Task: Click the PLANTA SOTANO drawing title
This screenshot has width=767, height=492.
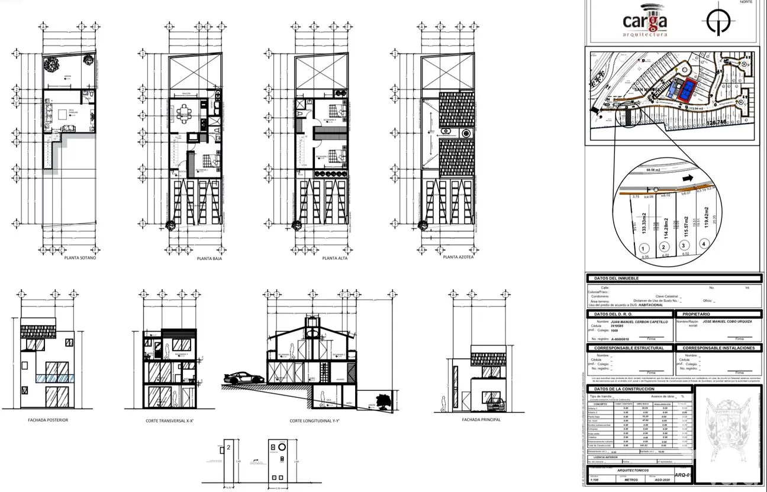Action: [80, 258]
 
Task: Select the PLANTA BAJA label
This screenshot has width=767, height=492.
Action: [209, 258]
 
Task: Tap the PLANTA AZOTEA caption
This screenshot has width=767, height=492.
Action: [458, 257]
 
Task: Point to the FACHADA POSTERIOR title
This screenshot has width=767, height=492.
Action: [48, 420]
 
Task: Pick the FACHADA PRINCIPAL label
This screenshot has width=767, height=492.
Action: [481, 420]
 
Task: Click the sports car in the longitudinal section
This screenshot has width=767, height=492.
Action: [244, 378]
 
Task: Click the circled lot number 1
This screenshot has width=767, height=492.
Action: [643, 248]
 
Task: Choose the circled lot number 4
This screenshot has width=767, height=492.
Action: [703, 244]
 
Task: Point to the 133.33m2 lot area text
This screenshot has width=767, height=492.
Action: [643, 225]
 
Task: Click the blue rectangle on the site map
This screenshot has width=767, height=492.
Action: [688, 90]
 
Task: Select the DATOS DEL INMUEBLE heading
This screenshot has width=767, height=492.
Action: [616, 278]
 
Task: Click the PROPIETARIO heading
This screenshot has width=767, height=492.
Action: [696, 314]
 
